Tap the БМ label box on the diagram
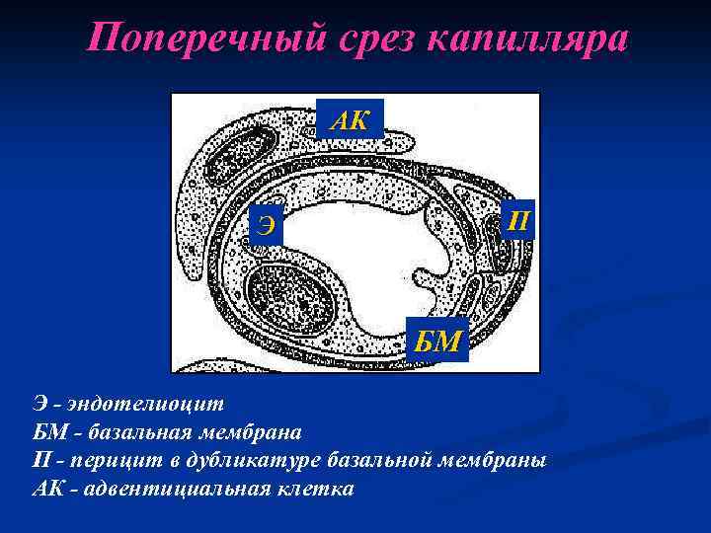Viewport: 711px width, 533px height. click(x=436, y=342)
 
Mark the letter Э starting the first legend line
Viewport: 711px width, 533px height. click(x=38, y=404)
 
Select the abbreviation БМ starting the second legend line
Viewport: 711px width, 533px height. click(x=43, y=432)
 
